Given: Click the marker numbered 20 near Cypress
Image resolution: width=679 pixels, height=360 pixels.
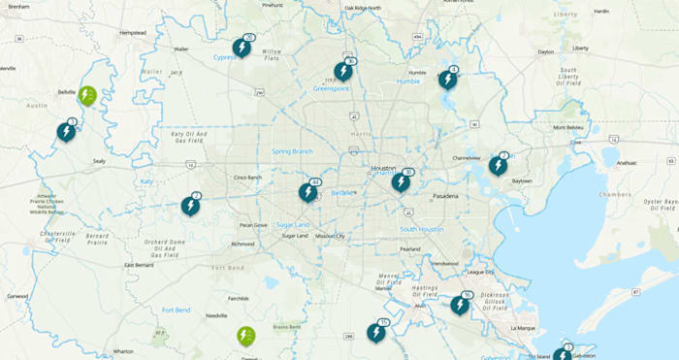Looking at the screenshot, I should [241, 48].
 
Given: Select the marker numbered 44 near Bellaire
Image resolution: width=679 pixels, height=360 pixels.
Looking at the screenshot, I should [307, 192].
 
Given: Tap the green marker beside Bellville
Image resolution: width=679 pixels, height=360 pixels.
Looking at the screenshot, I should [87, 95].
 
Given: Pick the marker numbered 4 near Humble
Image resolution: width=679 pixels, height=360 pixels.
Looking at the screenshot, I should [447, 80].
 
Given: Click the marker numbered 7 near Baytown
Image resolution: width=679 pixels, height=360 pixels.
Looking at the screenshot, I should [498, 166].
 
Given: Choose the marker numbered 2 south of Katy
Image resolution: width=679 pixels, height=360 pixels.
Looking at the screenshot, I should [190, 206].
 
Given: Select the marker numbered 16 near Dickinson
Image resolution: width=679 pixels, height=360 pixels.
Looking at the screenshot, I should [460, 305].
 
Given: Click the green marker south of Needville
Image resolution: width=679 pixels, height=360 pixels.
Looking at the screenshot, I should [246, 336].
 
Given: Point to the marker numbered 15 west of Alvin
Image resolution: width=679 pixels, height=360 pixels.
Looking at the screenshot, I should [376, 333].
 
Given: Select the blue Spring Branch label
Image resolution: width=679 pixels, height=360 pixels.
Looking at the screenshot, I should [292, 151].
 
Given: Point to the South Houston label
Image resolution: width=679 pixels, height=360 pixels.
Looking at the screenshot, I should [422, 229].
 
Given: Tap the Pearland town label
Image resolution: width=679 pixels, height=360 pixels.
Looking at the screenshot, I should [410, 249].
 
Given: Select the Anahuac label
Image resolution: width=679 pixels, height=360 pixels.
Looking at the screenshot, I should [630, 163].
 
